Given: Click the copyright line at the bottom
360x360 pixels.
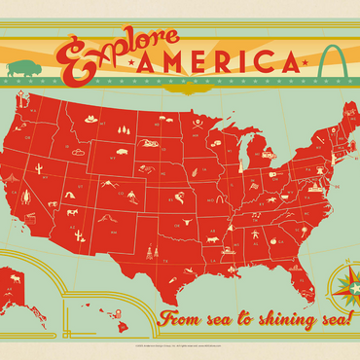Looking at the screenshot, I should point(180,347).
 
